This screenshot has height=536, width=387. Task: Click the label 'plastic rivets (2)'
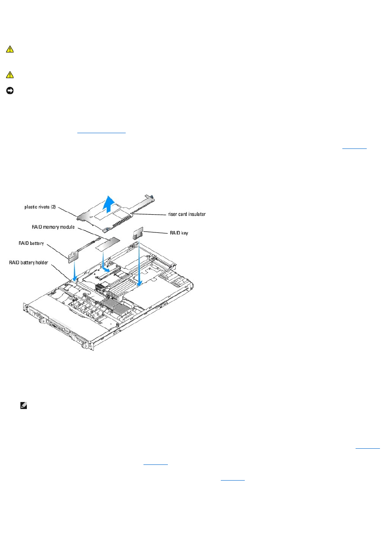coord(40,207)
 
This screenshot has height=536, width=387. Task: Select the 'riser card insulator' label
coord(186,214)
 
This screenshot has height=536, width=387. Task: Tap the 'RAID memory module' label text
coord(53,227)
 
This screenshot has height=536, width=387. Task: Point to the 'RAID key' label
coord(179,233)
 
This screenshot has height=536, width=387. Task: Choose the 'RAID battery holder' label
coord(29,263)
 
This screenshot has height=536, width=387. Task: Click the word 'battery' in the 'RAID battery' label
coord(36,243)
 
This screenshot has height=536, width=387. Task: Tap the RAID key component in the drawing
coord(138,233)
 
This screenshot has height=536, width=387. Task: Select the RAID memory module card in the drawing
coord(107,245)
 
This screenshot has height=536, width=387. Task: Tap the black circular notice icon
coord(10,91)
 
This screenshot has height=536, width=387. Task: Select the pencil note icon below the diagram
coord(24,406)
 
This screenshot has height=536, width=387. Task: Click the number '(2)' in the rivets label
coord(53,207)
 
